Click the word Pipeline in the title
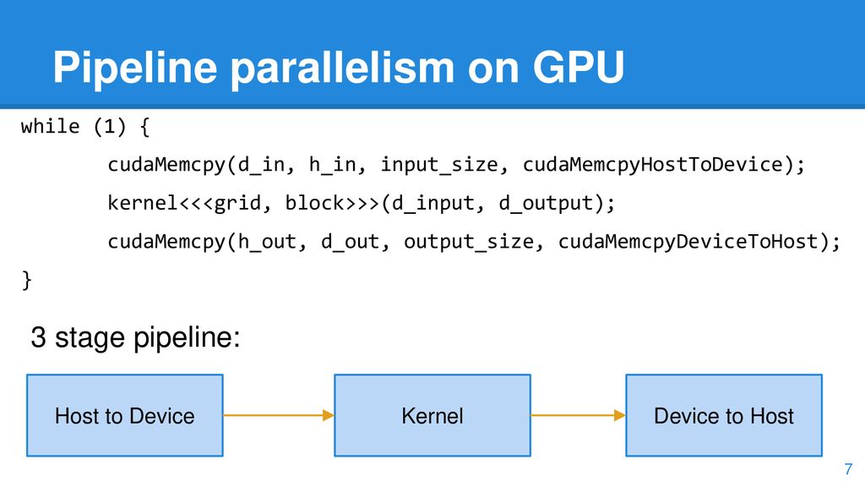(x=135, y=68)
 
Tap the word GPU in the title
(x=578, y=68)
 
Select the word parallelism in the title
(x=342, y=68)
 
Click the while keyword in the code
(x=50, y=127)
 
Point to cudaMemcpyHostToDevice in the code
(x=653, y=165)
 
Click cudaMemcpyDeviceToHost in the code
(x=688, y=242)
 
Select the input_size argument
(x=439, y=165)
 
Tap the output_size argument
(x=469, y=243)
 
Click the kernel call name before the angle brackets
(x=143, y=203)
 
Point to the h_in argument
(x=333, y=165)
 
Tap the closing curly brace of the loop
(x=26, y=280)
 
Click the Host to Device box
(x=125, y=415)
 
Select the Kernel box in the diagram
(x=432, y=415)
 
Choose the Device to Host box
(x=724, y=415)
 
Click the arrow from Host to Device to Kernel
(x=279, y=415)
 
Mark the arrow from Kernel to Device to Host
(x=578, y=415)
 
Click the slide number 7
(x=848, y=469)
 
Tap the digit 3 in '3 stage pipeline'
(x=38, y=337)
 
